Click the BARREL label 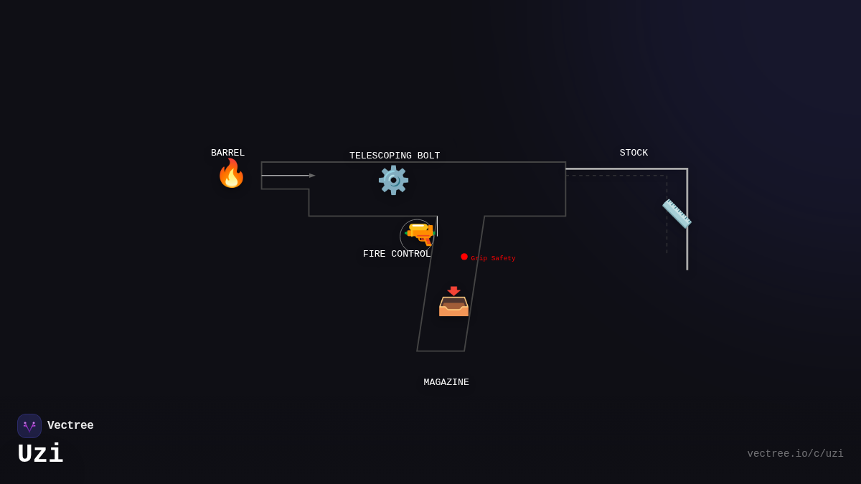[227, 153]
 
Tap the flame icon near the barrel [231, 174]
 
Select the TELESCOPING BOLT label [395, 156]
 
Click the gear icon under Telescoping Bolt [393, 180]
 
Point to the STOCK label [634, 153]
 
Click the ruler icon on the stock [677, 214]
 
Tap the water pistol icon [420, 234]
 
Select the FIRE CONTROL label [397, 254]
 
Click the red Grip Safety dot [464, 257]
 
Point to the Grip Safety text [493, 258]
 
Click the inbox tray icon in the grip [453, 306]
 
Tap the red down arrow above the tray [453, 290]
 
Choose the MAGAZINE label [446, 382]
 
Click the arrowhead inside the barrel [312, 176]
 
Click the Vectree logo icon [29, 426]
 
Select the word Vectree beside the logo [70, 425]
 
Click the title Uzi [40, 454]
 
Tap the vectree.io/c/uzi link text [795, 454]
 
